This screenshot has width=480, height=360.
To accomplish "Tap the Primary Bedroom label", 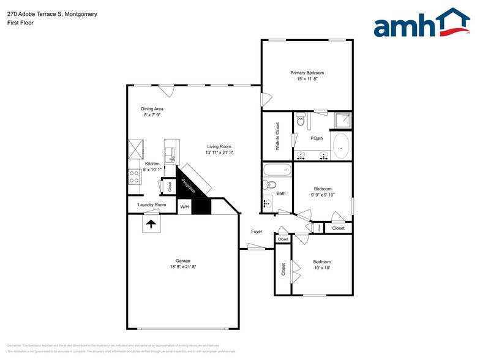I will point(307,73).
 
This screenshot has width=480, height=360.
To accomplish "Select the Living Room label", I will point(219,146).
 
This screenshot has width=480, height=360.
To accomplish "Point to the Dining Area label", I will point(152,109).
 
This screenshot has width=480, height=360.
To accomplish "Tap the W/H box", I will point(184,207).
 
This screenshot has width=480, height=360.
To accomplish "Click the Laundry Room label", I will point(152,204).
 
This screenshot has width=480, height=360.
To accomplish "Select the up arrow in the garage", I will point(151,225).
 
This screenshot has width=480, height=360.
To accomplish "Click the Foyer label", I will point(257,231).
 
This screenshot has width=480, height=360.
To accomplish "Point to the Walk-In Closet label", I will point(277,137).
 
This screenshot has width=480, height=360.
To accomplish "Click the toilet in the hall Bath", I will point(271,185).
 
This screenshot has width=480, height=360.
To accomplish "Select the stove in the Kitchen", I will point(134,176).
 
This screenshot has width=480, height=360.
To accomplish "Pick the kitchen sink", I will point(171,151).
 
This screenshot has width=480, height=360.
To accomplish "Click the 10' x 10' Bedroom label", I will point(321,261).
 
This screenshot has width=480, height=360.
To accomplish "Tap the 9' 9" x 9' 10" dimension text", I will point(323,195).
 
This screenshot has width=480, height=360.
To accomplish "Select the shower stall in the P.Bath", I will point(342,120).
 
